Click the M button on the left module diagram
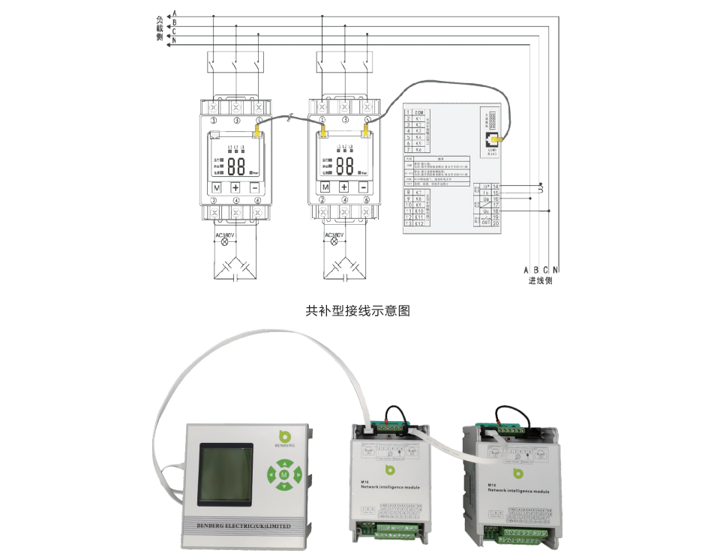[x=217, y=187]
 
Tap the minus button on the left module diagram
[x=255, y=187]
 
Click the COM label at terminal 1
[x=419, y=112]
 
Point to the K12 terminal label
[x=419, y=223]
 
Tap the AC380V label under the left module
[x=225, y=235]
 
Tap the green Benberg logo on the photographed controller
[x=283, y=438]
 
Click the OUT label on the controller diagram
[x=485, y=223]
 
